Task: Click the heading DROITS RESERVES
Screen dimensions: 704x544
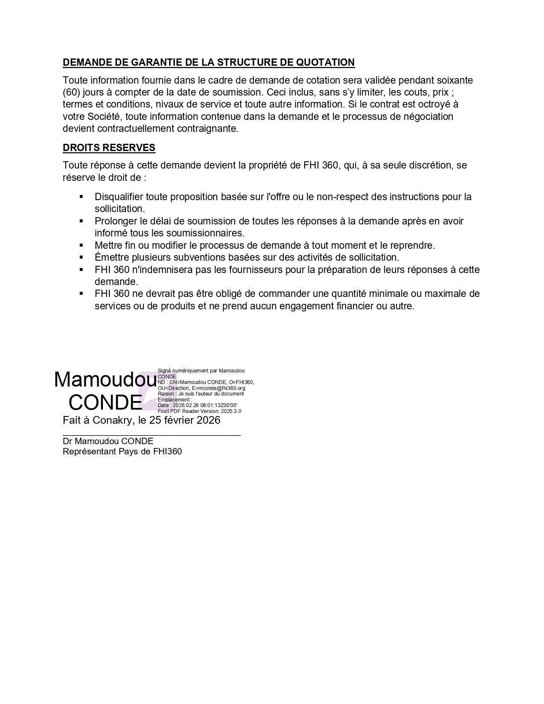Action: [x=109, y=148]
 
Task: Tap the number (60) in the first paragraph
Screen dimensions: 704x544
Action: [x=72, y=92]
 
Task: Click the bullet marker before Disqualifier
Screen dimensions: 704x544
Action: [x=81, y=197]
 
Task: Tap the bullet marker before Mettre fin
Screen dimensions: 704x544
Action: [x=81, y=245]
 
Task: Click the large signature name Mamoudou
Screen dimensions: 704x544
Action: [x=105, y=379]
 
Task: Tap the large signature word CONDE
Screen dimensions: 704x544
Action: [x=105, y=402]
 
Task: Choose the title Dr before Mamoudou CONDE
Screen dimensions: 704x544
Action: [x=67, y=441]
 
